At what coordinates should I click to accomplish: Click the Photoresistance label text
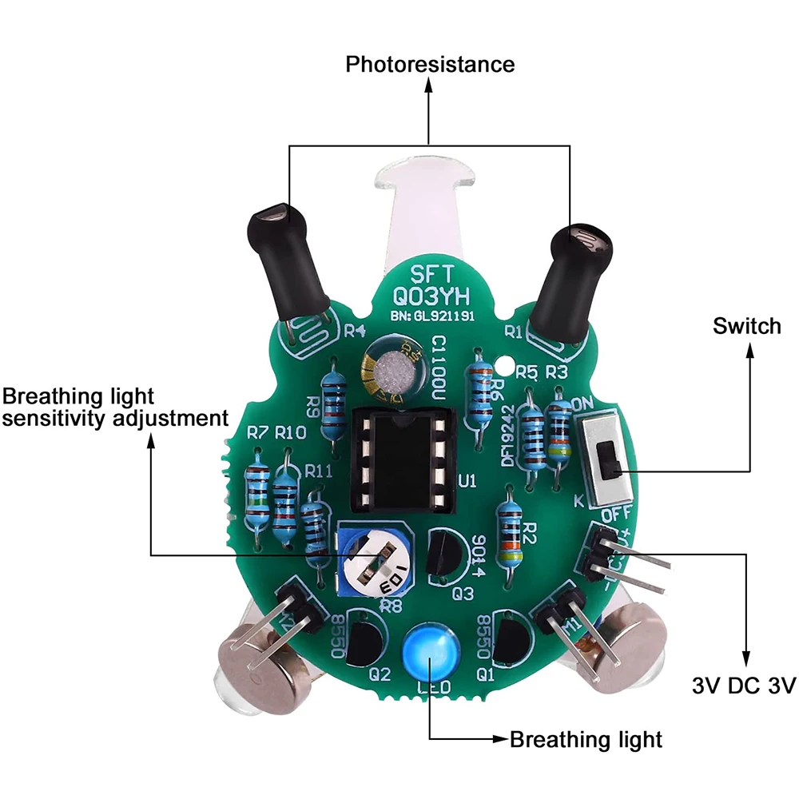coord(430,64)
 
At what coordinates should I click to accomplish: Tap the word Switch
coord(747,326)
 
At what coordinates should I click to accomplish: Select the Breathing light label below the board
coord(586,739)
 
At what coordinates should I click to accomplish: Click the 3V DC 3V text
coord(744,686)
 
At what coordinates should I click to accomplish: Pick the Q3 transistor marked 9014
coord(443,555)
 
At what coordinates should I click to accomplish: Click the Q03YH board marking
coord(432,297)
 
